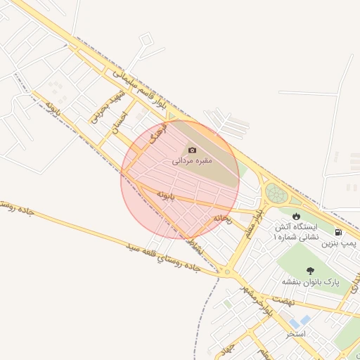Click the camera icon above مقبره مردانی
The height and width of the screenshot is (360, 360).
click(x=192, y=150)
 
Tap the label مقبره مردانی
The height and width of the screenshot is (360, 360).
click(x=192, y=161)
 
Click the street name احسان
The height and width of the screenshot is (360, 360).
click(x=122, y=122)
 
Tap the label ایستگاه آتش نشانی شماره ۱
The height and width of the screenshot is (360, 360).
click(x=296, y=232)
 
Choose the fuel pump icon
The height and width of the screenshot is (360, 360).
click(x=339, y=232)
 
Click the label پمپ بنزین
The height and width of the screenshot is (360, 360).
click(x=340, y=243)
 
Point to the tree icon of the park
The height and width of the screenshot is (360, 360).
click(x=310, y=270)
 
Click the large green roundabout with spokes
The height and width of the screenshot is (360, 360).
click(x=276, y=193)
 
